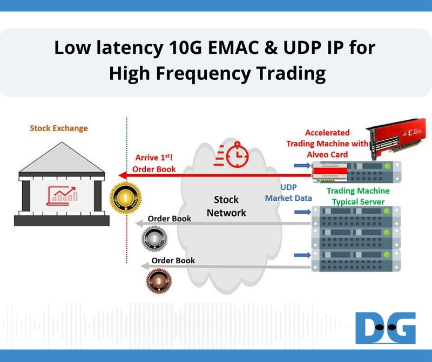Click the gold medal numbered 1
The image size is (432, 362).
coord(125,198)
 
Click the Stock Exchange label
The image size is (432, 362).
coord(59,128)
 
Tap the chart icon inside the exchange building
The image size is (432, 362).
coord(63,194)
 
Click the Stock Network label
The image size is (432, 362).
coord(226,206)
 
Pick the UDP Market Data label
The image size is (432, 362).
coord(288,193)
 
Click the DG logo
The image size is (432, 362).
coord(386,328)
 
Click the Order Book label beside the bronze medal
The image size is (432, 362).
coord(173,260)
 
